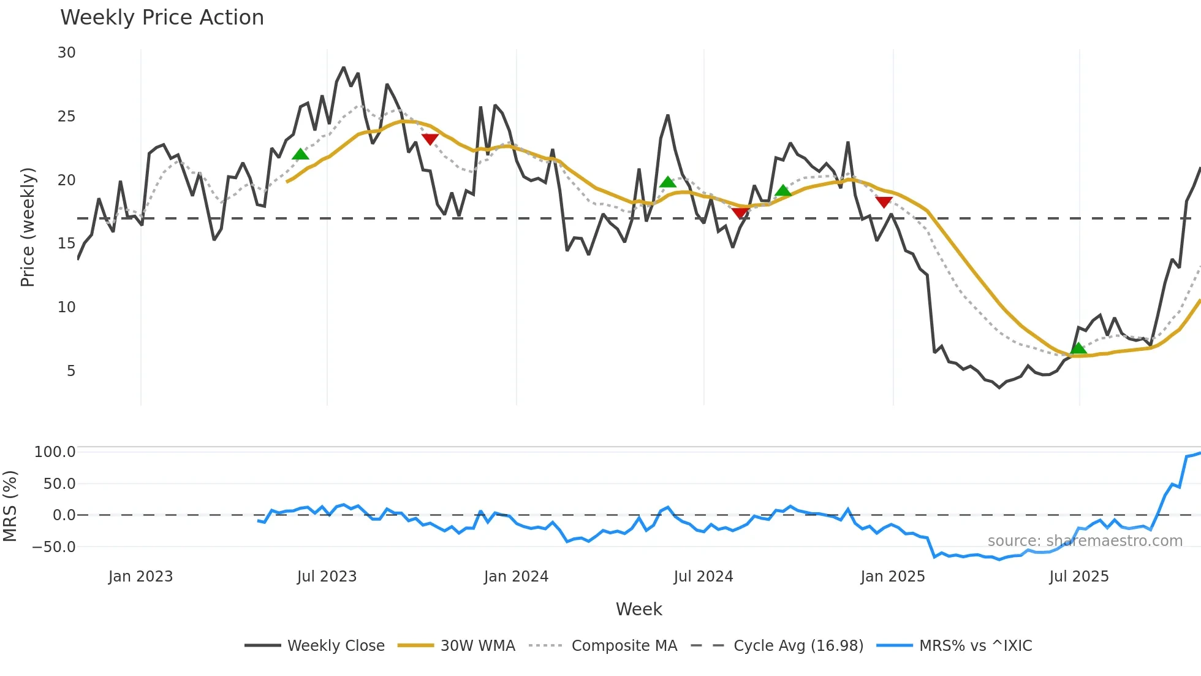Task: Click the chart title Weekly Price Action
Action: point(162,18)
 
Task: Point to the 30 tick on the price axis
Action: point(67,53)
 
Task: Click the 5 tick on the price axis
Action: point(71,371)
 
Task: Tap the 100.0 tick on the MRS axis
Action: point(55,452)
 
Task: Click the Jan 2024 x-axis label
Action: point(516,577)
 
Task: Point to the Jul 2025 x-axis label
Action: point(1078,577)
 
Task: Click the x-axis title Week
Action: point(638,609)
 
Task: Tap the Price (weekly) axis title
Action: point(28,227)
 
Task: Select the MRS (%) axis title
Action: point(10,506)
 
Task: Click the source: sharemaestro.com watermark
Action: point(1085,541)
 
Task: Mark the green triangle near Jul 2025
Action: point(1078,348)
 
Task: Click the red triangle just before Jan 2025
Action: point(884,202)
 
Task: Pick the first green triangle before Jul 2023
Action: point(300,154)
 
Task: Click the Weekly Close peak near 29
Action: point(343,67)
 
